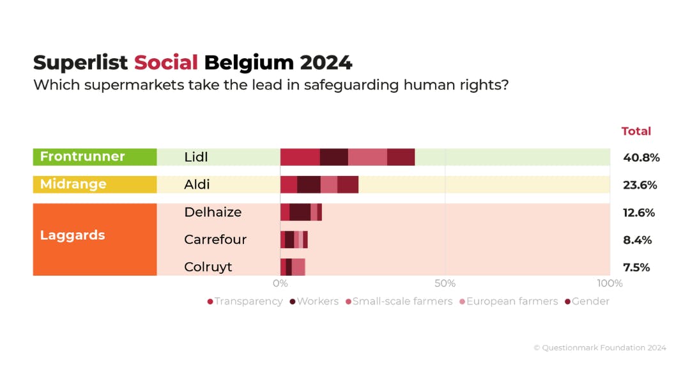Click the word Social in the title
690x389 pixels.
click(x=165, y=63)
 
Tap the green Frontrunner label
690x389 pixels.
click(x=82, y=157)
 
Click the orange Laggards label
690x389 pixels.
click(x=72, y=235)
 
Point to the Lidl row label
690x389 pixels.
click(x=196, y=157)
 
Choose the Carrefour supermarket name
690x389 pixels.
click(x=215, y=239)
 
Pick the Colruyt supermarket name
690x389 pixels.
click(x=208, y=267)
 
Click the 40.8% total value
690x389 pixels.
click(x=641, y=157)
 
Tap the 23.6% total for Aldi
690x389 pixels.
click(x=640, y=185)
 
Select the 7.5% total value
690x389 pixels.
click(x=636, y=267)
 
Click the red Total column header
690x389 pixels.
click(x=636, y=131)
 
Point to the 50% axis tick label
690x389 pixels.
click(x=445, y=283)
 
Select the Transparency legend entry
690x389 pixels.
click(x=245, y=301)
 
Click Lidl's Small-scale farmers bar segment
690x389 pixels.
click(x=367, y=157)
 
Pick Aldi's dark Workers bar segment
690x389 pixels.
click(x=309, y=184)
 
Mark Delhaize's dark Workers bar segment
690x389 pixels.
click(x=300, y=212)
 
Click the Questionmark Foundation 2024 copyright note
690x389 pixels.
click(x=599, y=348)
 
